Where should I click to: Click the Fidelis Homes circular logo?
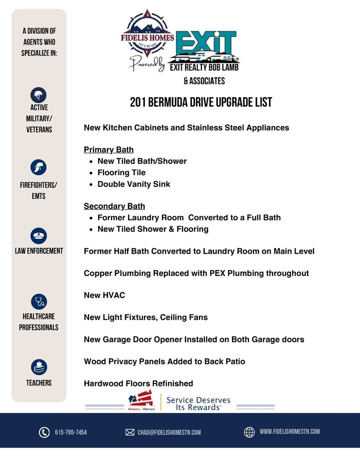[x=147, y=37]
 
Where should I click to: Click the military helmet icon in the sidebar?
[x=38, y=94]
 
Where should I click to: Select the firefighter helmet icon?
[x=38, y=167]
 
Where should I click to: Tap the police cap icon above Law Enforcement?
[x=38, y=235]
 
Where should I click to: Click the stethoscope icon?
[x=38, y=301]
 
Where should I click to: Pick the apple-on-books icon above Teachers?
[x=38, y=367]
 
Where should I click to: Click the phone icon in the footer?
[x=44, y=432]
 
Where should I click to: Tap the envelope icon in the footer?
[x=130, y=432]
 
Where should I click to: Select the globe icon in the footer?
[x=249, y=432]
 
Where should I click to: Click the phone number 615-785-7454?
[x=70, y=432]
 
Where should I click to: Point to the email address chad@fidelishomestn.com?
[x=169, y=432]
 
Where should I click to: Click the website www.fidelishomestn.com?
[x=289, y=431]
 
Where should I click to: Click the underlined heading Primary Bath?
[x=108, y=150]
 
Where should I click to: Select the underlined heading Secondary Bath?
[x=114, y=206]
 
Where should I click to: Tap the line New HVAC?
[x=104, y=295]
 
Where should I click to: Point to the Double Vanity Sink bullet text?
[x=133, y=184]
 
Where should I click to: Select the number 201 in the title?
[x=138, y=103]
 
